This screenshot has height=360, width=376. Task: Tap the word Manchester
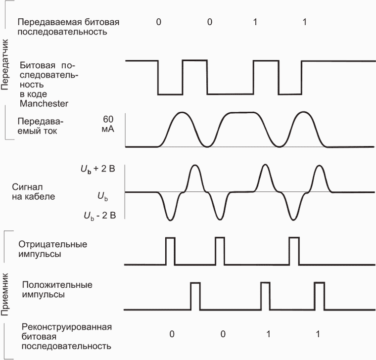tap(44, 104)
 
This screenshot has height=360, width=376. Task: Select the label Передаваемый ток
tap(41, 127)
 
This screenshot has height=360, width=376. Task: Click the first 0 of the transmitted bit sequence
tap(158, 22)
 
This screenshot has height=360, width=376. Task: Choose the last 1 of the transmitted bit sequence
tap(304, 22)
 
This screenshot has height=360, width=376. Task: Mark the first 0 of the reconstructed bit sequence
tap(172, 334)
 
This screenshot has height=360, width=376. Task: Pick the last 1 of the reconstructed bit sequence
tap(318, 334)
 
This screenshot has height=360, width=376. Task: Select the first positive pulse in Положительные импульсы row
tap(195, 295)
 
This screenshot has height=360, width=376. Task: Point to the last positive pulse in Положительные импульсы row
tap(319, 295)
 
